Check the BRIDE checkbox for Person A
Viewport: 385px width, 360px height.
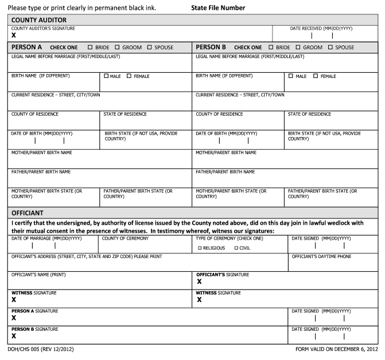[x=91, y=48]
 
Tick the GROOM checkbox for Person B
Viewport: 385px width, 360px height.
[x=298, y=48]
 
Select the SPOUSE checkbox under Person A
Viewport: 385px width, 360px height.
[x=150, y=48]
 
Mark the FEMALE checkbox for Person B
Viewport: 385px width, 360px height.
[x=316, y=76]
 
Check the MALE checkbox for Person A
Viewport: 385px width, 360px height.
[x=106, y=76]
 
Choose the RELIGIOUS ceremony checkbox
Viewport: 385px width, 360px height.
[x=200, y=248]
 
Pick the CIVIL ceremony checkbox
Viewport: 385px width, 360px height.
[x=236, y=248]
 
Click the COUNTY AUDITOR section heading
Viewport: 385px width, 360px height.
[x=40, y=20]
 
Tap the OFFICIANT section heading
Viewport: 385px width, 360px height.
[x=29, y=212]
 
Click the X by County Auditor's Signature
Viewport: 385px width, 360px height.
[x=14, y=35]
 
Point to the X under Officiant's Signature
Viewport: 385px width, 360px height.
[x=199, y=281]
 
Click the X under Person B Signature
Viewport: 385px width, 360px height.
[x=14, y=335]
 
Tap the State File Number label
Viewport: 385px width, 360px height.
[x=217, y=8]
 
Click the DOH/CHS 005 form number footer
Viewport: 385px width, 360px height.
[x=41, y=349]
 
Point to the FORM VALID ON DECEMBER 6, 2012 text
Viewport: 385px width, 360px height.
[x=336, y=349]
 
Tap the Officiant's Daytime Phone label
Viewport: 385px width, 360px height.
[x=321, y=256]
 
